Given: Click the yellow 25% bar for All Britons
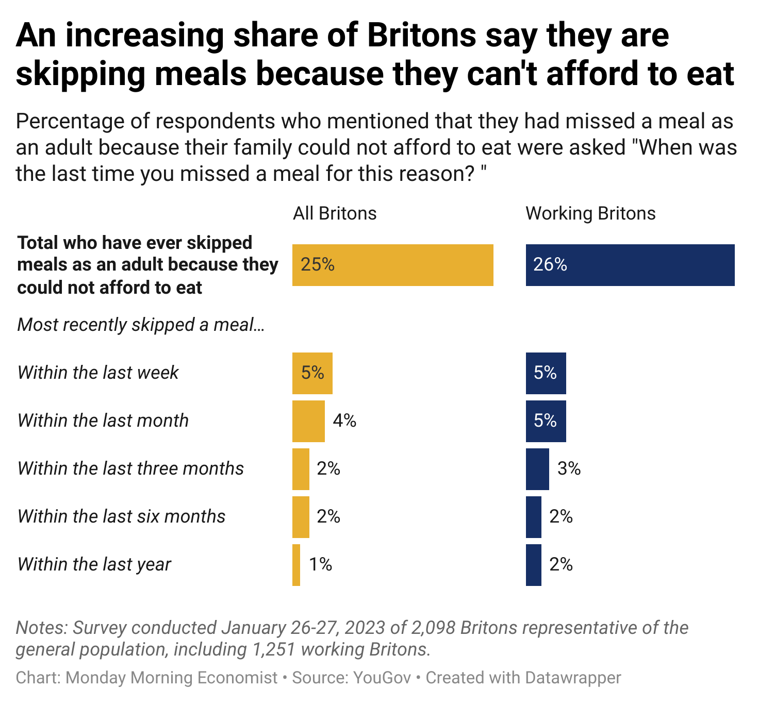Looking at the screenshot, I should (392, 265).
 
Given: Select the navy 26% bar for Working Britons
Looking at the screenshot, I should (630, 265).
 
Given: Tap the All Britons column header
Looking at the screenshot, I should (335, 213).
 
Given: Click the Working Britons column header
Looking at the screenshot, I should (590, 213).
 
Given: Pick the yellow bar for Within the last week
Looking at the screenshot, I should (312, 373).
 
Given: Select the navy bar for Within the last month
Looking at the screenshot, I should (546, 421).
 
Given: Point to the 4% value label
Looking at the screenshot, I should (344, 421).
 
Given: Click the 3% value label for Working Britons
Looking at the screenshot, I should (569, 469).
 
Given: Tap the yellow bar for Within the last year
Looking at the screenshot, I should (296, 565).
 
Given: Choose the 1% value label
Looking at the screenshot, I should (320, 565).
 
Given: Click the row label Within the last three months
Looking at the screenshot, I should (130, 469).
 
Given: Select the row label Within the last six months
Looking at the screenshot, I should (121, 517).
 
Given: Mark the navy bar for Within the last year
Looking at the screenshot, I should (534, 565).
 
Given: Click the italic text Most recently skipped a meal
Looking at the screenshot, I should (141, 325).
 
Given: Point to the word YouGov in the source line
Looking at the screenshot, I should (382, 678).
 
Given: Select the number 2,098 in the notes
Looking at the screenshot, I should (433, 628).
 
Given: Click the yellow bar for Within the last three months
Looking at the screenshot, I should (301, 469).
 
